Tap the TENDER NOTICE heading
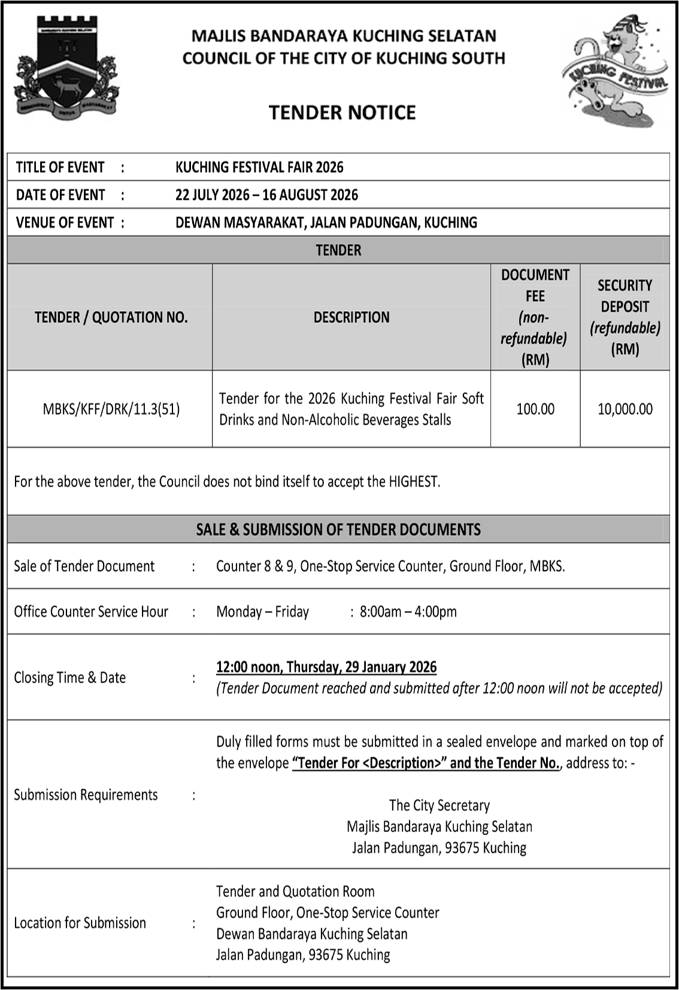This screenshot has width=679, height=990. (x=342, y=113)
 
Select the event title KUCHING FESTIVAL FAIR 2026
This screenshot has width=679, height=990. (x=259, y=167)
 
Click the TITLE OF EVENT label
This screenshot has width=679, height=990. (x=60, y=167)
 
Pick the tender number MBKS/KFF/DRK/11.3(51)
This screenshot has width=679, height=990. (x=111, y=409)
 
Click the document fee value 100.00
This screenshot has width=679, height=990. (x=535, y=409)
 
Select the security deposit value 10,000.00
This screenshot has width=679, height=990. (x=625, y=409)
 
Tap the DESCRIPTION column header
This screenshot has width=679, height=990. (x=351, y=317)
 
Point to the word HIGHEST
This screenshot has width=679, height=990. (x=414, y=482)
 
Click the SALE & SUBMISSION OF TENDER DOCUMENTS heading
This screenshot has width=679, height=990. (x=338, y=530)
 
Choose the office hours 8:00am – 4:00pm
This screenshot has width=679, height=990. (x=408, y=612)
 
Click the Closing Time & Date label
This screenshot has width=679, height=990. (x=70, y=678)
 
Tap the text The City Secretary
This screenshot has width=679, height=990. (x=439, y=806)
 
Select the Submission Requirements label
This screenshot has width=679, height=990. (x=86, y=795)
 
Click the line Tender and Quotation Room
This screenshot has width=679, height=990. (x=295, y=892)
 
